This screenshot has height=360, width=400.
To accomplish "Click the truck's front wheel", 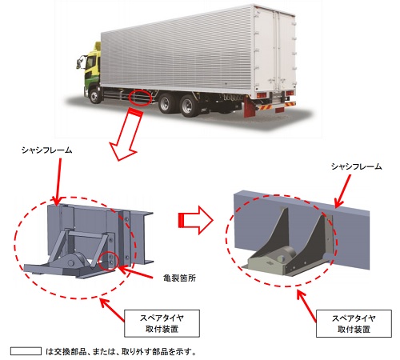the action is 94,96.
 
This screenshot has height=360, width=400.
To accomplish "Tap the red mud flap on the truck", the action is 249,106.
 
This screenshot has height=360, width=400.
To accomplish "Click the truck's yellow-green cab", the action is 92,65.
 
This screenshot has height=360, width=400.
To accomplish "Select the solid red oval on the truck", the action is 140,97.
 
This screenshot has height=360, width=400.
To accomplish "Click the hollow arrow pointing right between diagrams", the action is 195,220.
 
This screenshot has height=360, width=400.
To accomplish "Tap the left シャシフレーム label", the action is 47,150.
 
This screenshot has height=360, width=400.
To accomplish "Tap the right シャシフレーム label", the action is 356,166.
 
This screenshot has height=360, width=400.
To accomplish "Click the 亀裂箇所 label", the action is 179,278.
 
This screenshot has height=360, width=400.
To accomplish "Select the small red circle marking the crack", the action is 108,261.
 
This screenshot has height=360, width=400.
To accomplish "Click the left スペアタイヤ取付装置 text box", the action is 162,323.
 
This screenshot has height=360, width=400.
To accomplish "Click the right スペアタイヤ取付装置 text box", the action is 354,323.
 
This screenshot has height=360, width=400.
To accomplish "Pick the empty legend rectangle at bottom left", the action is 26,351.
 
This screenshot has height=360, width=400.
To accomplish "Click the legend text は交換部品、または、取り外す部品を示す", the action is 121,351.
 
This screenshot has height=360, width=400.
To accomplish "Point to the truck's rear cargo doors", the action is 274,50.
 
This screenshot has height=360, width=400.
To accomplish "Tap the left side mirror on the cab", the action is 79,63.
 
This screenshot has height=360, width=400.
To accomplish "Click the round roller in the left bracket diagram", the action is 74,261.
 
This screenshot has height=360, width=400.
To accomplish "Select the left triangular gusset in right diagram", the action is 274,231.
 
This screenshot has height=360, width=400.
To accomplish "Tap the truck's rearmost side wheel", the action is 189,105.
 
